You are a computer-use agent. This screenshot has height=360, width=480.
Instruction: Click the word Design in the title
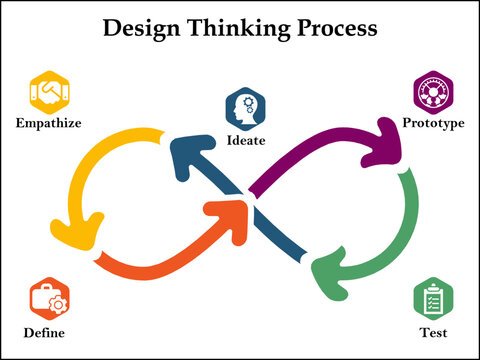144,28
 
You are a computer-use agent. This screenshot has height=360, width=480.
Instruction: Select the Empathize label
48,124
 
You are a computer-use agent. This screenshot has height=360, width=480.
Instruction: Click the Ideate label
246,140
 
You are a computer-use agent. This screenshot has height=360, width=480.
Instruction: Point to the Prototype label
432,123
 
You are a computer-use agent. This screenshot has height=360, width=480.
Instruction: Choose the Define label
46,332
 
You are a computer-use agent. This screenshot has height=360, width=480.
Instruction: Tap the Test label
433,332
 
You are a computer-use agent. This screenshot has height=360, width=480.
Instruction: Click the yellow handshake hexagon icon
48,93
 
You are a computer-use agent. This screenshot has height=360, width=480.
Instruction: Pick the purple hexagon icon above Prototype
433,93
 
